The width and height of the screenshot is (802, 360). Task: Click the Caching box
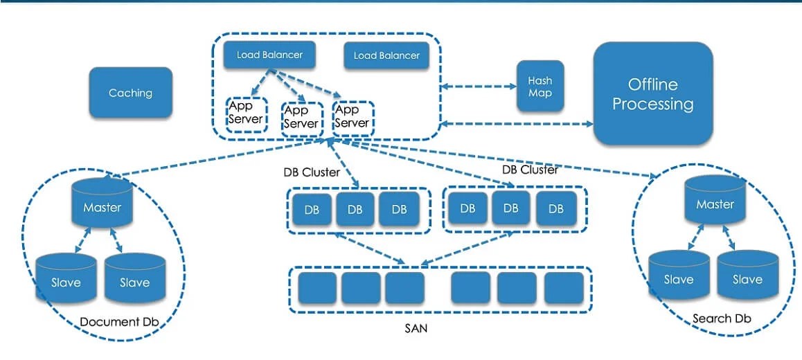(x=130, y=93)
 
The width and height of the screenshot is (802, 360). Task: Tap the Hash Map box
(x=540, y=87)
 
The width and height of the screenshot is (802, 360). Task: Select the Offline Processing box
(x=652, y=93)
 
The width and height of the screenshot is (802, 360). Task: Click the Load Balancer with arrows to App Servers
(x=269, y=55)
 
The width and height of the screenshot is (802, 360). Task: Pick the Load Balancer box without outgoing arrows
(x=386, y=56)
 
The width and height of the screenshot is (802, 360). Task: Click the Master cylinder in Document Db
(x=102, y=202)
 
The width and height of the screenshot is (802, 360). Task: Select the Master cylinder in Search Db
(x=715, y=199)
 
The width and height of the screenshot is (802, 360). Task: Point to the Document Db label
(x=119, y=322)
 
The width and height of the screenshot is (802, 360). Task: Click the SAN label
(x=416, y=328)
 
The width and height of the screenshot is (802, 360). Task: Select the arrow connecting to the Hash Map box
(x=479, y=87)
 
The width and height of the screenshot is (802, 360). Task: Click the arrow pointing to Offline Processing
(x=517, y=124)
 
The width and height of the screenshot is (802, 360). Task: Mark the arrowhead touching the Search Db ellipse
(x=652, y=177)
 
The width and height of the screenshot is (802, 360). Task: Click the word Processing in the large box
(x=652, y=105)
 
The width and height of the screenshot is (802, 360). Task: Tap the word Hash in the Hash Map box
(x=540, y=80)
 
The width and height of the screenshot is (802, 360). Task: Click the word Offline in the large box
(x=652, y=84)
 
